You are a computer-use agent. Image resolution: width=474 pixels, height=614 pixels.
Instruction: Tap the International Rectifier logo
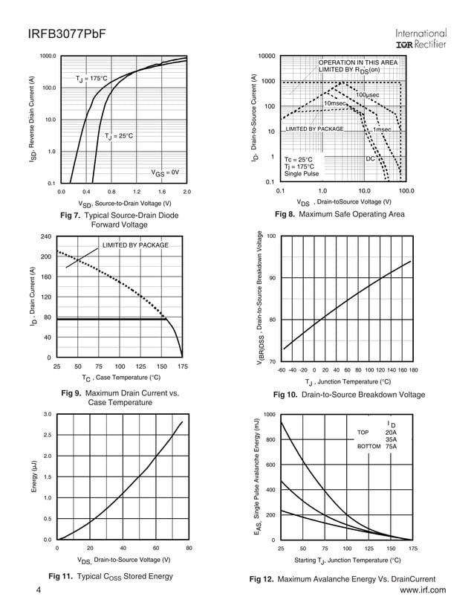coord(421,39)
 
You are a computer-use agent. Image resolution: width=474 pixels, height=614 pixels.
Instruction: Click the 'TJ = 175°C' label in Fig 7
coord(91,78)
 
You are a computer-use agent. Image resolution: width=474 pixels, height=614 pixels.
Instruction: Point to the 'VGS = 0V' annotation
coord(165,172)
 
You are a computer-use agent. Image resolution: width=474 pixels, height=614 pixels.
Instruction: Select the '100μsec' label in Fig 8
coord(367,96)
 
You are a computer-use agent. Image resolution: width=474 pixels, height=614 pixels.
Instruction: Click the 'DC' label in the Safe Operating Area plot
coord(370,159)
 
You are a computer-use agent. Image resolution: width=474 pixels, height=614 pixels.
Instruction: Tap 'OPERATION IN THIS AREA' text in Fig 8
coord(357,62)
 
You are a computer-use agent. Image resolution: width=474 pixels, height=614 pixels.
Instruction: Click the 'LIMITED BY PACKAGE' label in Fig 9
coord(134,245)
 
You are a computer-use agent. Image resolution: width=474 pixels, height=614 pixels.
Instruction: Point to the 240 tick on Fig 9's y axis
coord(45,236)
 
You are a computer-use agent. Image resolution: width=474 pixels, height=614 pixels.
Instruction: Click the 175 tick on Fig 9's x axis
coord(183,366)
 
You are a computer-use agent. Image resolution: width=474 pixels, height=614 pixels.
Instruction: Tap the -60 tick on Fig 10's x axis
coord(281,369)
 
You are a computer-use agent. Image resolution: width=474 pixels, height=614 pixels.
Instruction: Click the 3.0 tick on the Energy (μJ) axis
coord(47,414)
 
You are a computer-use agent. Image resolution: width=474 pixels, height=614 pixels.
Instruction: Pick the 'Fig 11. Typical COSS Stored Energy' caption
coord(110,576)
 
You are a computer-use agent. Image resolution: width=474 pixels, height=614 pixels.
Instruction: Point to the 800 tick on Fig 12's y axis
coord(272,440)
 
